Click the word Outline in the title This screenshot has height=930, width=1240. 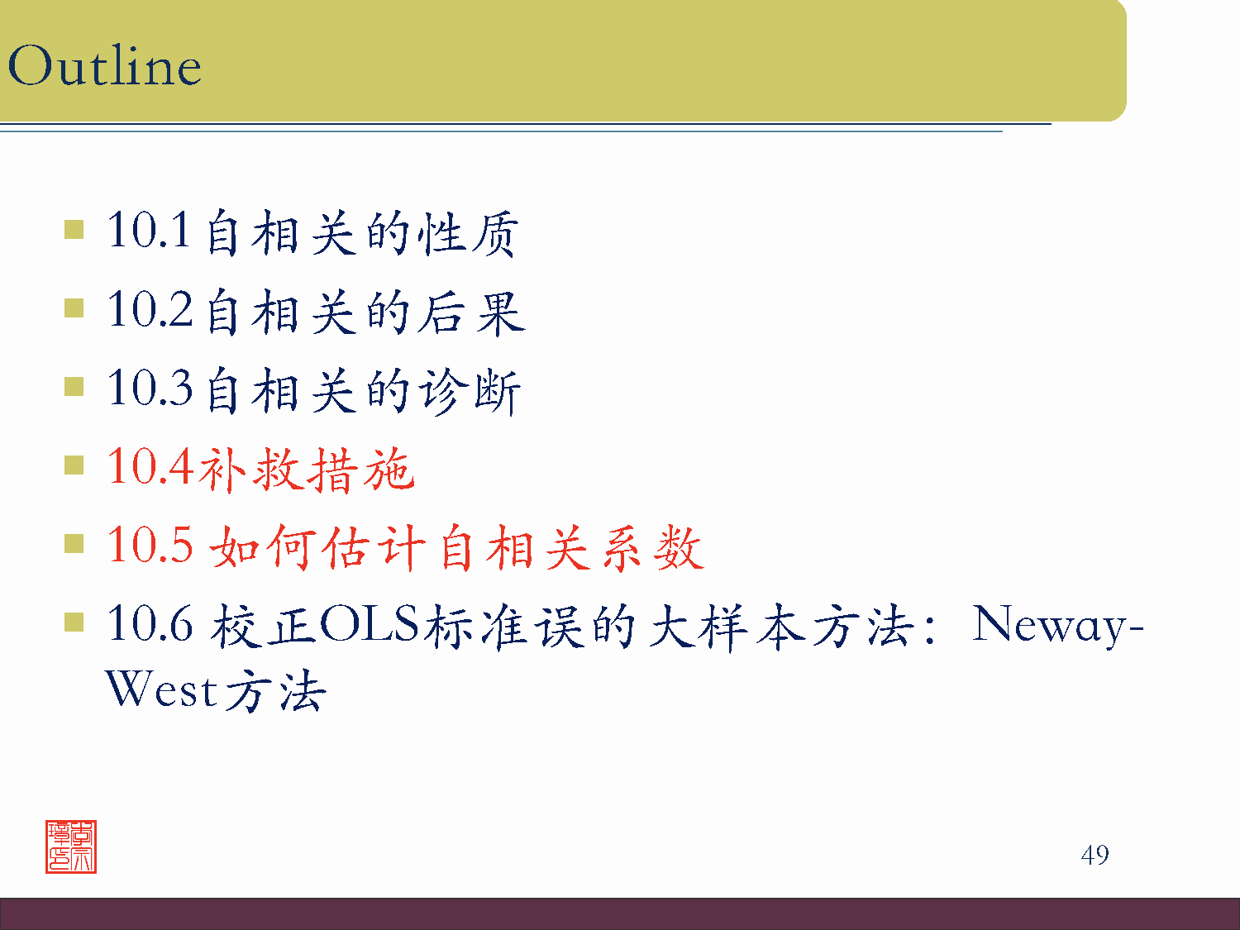click(x=104, y=66)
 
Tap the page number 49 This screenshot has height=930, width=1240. click(x=1095, y=855)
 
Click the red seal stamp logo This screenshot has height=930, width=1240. click(x=71, y=847)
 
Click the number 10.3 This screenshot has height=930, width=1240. click(x=150, y=388)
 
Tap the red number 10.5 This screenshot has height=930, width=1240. click(x=150, y=546)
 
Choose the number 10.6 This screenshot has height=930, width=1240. click(x=150, y=624)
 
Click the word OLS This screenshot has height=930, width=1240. click(x=370, y=624)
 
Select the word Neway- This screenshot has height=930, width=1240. click(x=1057, y=626)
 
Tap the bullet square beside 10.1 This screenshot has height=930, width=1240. click(x=74, y=229)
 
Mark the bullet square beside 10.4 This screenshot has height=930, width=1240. click(x=74, y=465)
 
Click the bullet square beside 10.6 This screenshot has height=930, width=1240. click(x=74, y=622)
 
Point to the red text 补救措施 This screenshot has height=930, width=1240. click(x=306, y=469)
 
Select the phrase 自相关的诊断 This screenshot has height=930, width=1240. click(x=363, y=391)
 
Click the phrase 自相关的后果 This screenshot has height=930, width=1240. click(x=365, y=312)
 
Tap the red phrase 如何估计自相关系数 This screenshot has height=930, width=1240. click(x=456, y=548)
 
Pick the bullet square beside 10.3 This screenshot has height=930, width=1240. click(x=74, y=387)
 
